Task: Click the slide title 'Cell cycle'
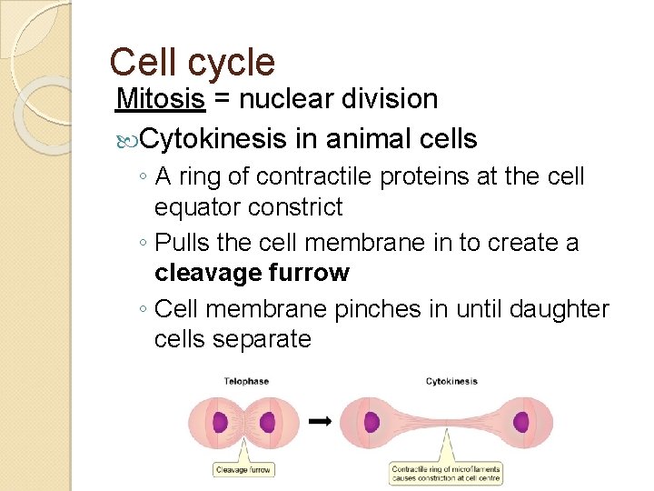pos(192,62)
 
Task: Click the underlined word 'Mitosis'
pos(161,98)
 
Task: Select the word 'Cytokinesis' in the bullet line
pos(213,139)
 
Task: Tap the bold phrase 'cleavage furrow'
pos(252,273)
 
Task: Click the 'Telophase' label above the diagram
pos(246,381)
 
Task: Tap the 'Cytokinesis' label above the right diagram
pos(451,381)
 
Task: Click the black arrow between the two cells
pos(319,421)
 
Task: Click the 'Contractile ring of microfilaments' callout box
pos(446,474)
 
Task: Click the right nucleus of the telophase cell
pos(267,423)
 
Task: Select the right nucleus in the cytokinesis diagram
pos(520,422)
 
